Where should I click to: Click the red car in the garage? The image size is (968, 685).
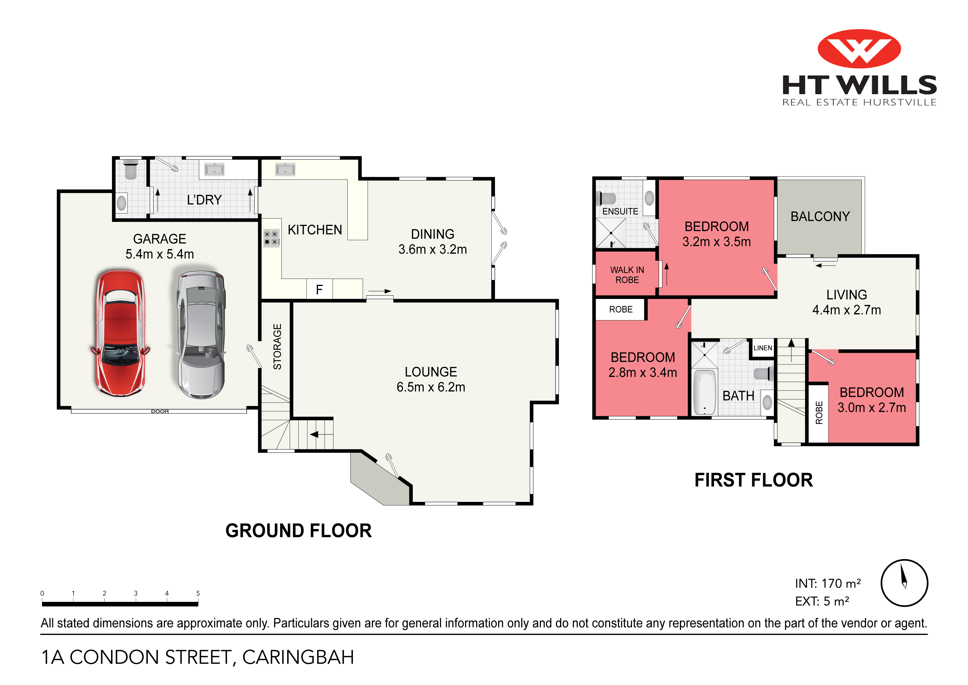[120, 333]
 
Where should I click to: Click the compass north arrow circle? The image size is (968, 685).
[904, 583]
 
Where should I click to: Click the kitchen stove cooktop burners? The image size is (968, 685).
[271, 238]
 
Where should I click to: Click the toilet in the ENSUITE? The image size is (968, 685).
[607, 198]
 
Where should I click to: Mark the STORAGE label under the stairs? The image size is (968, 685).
[277, 347]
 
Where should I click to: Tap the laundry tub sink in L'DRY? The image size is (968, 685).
[214, 170]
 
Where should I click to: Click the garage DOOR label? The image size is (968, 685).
[160, 411]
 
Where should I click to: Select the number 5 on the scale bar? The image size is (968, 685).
[198, 593]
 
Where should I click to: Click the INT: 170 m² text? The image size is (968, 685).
[827, 583]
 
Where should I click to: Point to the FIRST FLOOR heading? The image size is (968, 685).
[753, 480]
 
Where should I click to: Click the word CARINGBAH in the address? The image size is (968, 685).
[298, 657]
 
